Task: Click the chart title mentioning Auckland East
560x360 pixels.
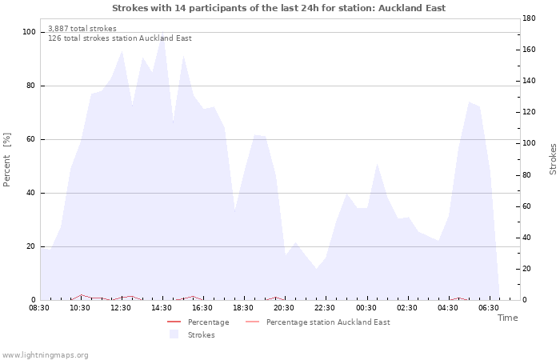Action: click(279, 8)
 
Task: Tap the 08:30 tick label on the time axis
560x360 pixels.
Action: click(39, 308)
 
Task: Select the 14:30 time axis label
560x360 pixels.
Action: click(162, 308)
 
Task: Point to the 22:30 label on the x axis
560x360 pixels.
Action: click(325, 308)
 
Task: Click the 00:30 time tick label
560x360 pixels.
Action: click(366, 308)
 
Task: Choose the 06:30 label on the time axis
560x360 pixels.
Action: click(489, 308)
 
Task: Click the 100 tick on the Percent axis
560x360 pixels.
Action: click(30, 32)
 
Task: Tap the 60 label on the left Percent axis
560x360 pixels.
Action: click(30, 139)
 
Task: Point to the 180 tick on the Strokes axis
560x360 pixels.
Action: click(529, 18)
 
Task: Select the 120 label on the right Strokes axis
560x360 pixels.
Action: click(529, 112)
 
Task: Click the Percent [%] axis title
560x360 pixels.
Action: click(6, 160)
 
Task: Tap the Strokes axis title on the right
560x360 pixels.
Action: click(553, 159)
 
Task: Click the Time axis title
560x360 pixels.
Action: click(508, 318)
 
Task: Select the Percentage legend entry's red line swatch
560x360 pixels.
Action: click(174, 322)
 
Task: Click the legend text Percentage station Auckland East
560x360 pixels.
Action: click(328, 322)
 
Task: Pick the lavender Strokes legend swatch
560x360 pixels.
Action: click(174, 334)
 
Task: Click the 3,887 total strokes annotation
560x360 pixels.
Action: click(82, 29)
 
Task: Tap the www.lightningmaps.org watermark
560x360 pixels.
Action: click(45, 355)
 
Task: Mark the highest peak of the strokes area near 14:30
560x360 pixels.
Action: click(163, 32)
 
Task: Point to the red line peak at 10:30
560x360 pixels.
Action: click(82, 294)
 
